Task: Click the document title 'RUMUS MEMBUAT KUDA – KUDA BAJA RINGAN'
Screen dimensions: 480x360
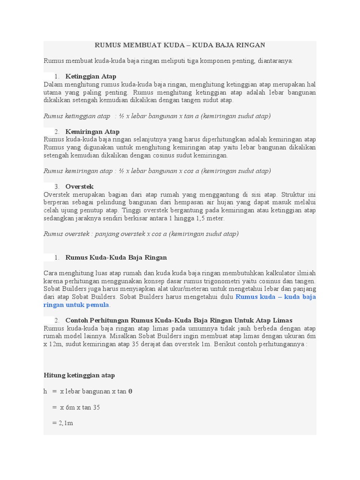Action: click(180, 45)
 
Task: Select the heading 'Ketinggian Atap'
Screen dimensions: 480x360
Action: click(91, 76)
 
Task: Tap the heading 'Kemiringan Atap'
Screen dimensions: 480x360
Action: click(92, 131)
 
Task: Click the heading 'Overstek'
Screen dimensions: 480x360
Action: click(80, 187)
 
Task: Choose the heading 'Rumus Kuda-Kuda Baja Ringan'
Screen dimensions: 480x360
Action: click(116, 257)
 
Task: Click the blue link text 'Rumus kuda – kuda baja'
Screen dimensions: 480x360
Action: click(276, 297)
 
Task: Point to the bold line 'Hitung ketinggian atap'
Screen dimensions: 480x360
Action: click(79, 375)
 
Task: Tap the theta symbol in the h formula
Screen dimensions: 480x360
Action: click(130, 391)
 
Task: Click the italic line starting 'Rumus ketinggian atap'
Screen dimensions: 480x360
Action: click(157, 116)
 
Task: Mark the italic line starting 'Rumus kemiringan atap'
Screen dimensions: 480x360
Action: click(157, 171)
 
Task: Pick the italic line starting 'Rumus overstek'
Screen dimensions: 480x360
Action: click(141, 233)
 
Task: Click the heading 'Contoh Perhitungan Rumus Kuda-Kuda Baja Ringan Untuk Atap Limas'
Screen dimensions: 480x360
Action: click(179, 320)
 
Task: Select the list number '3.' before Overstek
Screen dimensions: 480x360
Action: click(57, 187)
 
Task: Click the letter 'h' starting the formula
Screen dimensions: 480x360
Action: click(45, 391)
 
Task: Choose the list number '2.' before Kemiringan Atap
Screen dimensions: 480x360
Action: click(57, 131)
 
